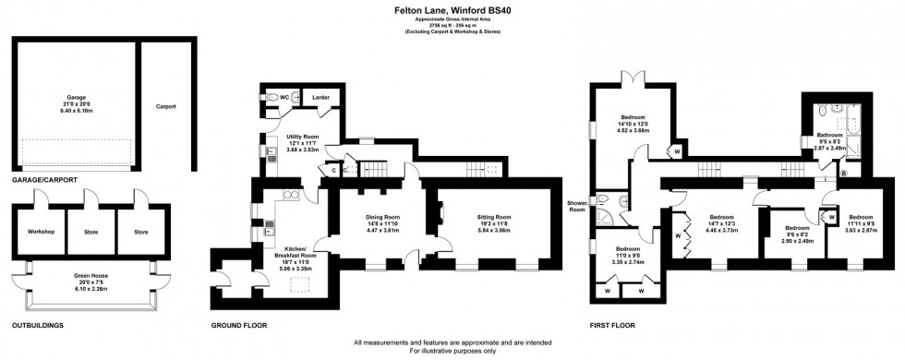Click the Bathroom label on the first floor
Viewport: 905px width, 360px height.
point(831,136)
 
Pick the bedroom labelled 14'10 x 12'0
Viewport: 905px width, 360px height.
point(635,119)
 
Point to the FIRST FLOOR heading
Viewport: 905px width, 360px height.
point(613,326)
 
